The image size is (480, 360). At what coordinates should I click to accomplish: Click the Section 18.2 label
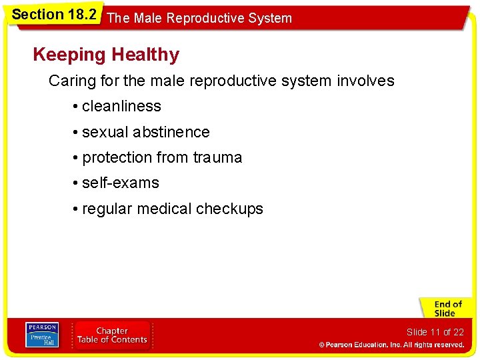(54, 15)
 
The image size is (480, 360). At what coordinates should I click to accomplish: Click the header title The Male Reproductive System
(199, 18)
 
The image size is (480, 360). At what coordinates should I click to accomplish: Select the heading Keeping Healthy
(106, 55)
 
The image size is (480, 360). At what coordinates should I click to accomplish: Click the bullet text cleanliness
(121, 106)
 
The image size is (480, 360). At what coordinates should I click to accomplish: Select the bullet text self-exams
(121, 183)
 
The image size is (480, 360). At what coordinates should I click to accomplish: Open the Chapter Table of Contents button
(112, 335)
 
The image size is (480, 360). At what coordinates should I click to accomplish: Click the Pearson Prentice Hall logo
(41, 335)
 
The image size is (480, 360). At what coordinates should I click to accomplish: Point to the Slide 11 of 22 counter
(435, 332)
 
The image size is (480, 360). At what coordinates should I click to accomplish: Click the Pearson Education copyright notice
(391, 345)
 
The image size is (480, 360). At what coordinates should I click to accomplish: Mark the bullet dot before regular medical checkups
(77, 209)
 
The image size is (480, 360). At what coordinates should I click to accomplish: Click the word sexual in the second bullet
(105, 132)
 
